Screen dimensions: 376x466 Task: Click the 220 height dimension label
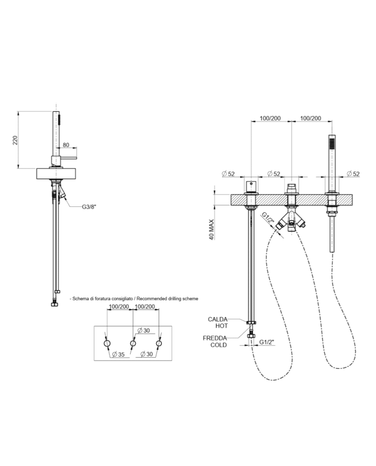(x=15, y=140)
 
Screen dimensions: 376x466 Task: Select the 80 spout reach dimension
(x=66, y=145)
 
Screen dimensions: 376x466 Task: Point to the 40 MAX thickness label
(x=212, y=230)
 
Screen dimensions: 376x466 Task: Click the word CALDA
(x=218, y=319)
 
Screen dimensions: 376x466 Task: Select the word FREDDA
(x=215, y=338)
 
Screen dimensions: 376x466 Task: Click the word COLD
(x=219, y=345)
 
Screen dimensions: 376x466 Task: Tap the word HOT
(x=222, y=326)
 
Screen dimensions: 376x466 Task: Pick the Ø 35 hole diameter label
(x=119, y=354)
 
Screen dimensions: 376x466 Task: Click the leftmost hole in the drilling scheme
(x=107, y=344)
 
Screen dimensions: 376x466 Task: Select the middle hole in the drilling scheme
(x=133, y=344)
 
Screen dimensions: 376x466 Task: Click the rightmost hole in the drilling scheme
(x=158, y=344)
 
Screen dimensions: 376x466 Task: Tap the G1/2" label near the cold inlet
(x=266, y=342)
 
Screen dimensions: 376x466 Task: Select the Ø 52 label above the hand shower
(x=353, y=174)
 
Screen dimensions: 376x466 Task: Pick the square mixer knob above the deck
(x=251, y=187)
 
